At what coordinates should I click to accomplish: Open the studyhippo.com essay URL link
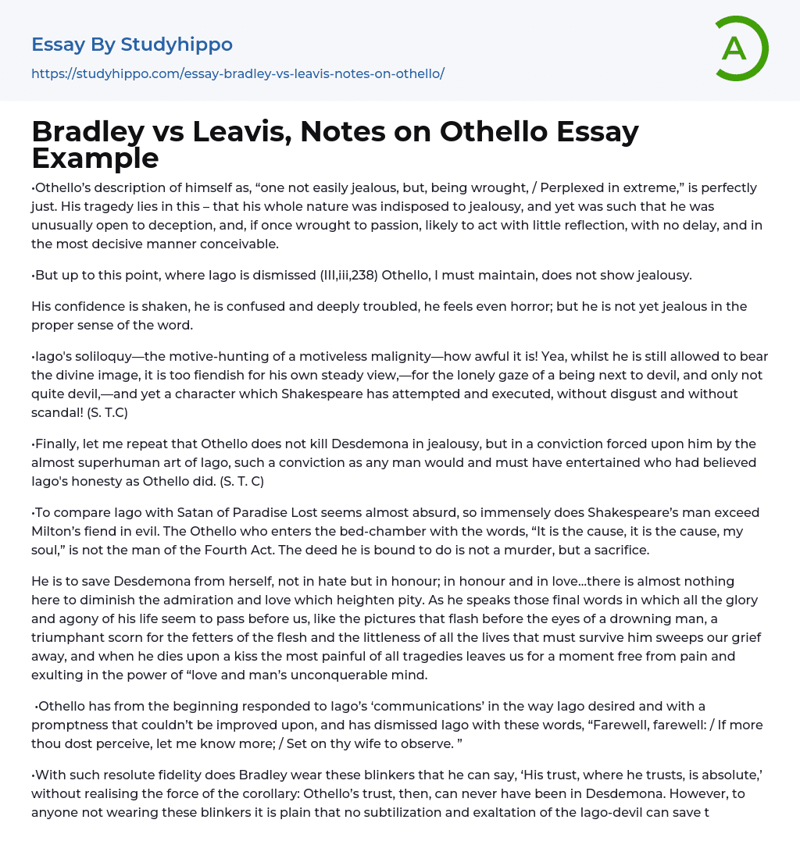[237, 73]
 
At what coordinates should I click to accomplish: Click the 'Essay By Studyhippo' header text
[132, 45]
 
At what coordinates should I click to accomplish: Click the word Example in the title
[95, 158]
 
